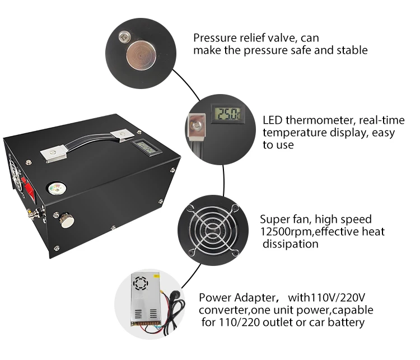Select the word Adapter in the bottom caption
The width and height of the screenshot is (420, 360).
[x=251, y=297]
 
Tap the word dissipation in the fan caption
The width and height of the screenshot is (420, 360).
[x=291, y=244]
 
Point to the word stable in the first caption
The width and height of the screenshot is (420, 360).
[x=353, y=50]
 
